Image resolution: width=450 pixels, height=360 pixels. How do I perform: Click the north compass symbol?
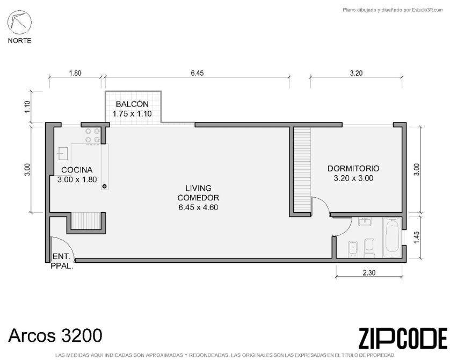click(19, 23)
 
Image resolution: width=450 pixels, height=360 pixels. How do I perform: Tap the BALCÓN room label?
click(132, 104)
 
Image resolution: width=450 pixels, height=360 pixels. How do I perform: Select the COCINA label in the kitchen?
click(77, 170)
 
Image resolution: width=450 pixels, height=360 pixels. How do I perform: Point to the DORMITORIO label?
click(353, 169)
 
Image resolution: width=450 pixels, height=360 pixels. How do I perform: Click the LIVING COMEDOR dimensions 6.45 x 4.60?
click(198, 207)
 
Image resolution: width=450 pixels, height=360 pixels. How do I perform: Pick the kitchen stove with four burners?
click(92, 135)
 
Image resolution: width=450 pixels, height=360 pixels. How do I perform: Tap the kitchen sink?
click(63, 153)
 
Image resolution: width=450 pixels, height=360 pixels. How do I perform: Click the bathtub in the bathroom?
click(393, 237)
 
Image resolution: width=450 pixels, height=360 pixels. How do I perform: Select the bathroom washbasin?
click(365, 221)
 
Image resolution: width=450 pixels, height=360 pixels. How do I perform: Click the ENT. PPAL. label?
click(62, 261)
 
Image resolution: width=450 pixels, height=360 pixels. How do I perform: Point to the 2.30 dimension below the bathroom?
click(369, 273)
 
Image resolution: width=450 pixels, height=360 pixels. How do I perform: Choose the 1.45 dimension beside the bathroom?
click(417, 237)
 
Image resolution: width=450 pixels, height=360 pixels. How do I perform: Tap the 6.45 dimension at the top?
click(197, 73)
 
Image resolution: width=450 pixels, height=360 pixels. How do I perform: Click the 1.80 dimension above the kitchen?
click(75, 73)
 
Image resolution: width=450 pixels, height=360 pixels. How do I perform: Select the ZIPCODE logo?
click(403, 338)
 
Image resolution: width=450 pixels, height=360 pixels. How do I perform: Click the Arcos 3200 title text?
click(55, 335)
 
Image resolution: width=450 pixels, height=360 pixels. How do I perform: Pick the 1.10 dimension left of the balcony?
click(27, 107)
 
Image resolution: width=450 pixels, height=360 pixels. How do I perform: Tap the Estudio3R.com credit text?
click(393, 10)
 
